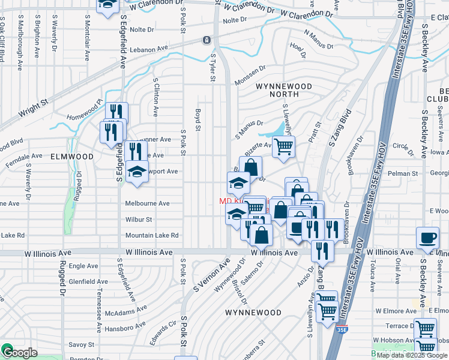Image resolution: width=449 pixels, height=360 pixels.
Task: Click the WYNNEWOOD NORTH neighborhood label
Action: click(x=285, y=90)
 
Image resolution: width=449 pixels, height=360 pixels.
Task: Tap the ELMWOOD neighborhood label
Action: click(x=72, y=156)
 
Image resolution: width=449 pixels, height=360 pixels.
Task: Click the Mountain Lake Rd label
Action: click(x=152, y=235)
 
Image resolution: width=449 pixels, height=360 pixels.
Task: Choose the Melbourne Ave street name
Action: click(x=147, y=203)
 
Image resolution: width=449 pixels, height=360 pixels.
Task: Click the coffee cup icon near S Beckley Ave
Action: click(x=427, y=238)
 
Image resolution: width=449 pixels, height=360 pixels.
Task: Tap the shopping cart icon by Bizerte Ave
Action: click(x=283, y=146)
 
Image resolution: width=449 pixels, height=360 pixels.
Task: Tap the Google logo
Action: click(x=19, y=353)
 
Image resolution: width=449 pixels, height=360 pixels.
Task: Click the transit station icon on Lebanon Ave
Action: click(x=206, y=40)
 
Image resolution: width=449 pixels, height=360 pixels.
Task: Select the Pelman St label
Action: click(x=399, y=173)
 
